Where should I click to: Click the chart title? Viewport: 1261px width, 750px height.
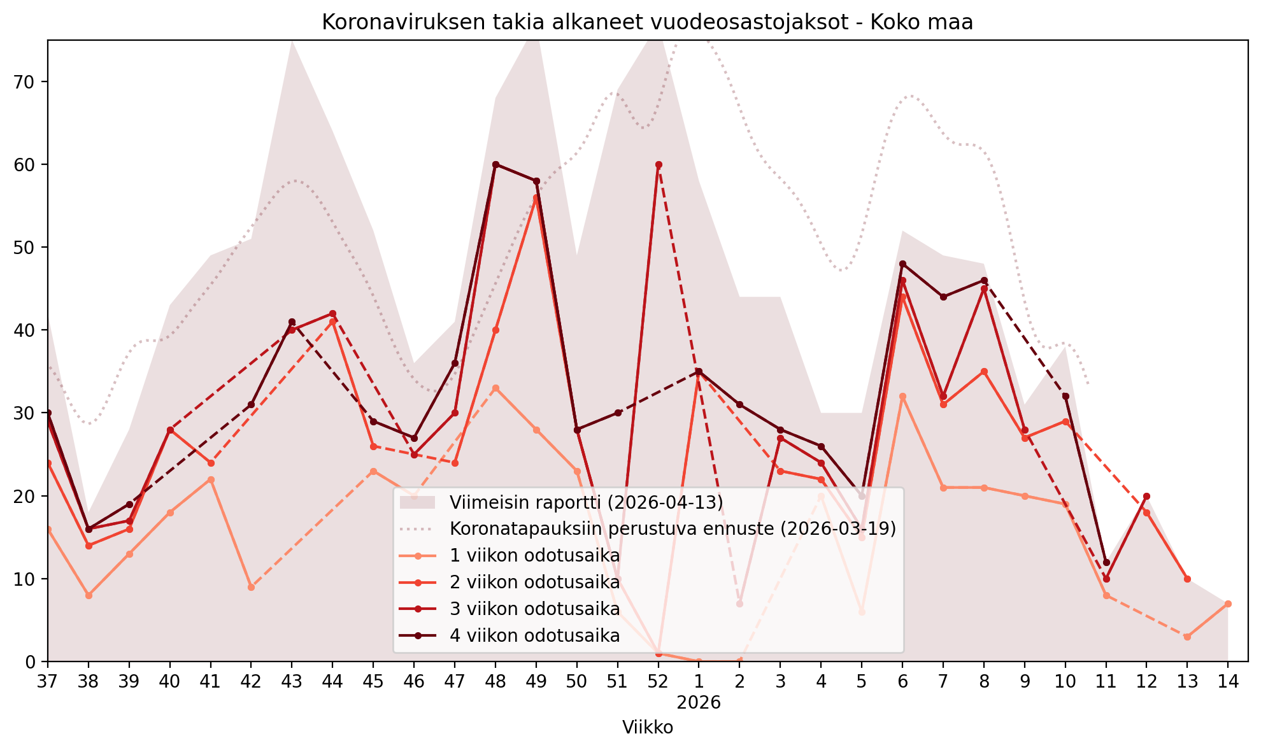pos(647,22)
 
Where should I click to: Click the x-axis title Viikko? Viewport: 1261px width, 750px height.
pos(647,727)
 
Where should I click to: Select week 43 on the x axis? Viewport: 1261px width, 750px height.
pos(292,681)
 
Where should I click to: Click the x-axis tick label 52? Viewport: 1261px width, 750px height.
pos(658,681)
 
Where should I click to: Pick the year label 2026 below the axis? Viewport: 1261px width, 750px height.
pos(699,703)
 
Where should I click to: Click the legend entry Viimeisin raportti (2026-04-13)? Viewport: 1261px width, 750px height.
pos(562,502)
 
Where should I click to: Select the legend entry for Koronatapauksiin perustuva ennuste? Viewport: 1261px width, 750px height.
pos(648,528)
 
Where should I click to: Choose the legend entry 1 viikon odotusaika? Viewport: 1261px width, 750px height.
pos(509,556)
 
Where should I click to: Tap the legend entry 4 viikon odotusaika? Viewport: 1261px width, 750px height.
pos(509,635)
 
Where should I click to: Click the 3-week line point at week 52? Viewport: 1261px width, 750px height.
pos(659,164)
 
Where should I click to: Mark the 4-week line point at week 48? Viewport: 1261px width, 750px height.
pos(495,164)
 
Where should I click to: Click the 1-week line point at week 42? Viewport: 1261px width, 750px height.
pos(251,587)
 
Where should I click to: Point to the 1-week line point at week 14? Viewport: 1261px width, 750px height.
pos(1228,604)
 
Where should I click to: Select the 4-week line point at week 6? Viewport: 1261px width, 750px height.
pos(902,264)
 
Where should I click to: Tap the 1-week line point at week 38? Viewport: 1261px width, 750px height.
pos(89,595)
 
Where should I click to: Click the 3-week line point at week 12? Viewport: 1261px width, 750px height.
pos(1146,496)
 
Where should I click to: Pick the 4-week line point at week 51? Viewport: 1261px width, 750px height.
pos(618,413)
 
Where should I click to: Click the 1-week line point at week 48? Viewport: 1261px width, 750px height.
pos(495,388)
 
